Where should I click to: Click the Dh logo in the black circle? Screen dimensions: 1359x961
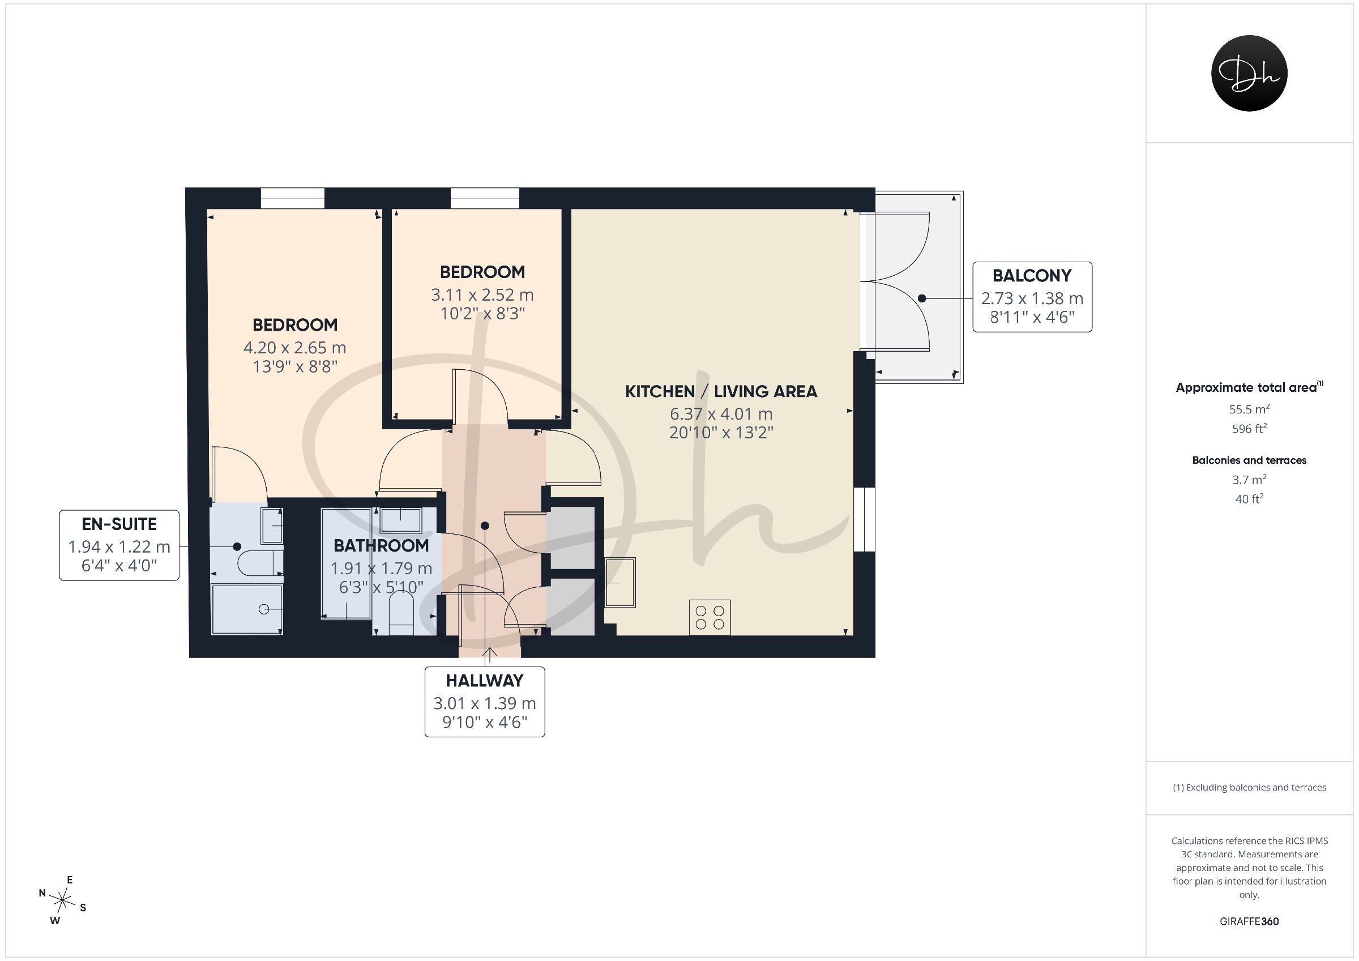(x=1250, y=74)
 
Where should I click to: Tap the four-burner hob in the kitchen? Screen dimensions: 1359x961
(x=710, y=617)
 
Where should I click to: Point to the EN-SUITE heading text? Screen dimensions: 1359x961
(x=119, y=524)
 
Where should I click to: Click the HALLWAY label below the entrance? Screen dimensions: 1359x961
(x=485, y=680)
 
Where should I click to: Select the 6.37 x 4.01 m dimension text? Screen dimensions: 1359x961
(x=721, y=414)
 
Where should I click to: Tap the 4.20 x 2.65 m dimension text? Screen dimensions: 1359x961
(x=295, y=348)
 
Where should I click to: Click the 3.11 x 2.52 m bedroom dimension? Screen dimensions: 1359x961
(x=482, y=295)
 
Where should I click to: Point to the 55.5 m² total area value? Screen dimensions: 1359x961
(x=1249, y=408)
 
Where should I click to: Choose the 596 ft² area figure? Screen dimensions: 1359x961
(x=1249, y=428)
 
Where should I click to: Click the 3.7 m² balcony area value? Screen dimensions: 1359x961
(x=1249, y=479)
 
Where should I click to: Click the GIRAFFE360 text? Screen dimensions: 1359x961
(x=1249, y=921)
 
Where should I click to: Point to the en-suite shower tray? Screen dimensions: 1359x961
(x=247, y=609)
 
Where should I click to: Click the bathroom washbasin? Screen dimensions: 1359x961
(x=401, y=520)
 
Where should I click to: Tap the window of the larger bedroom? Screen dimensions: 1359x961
(x=293, y=198)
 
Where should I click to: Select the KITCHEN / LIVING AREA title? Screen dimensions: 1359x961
(x=721, y=391)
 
